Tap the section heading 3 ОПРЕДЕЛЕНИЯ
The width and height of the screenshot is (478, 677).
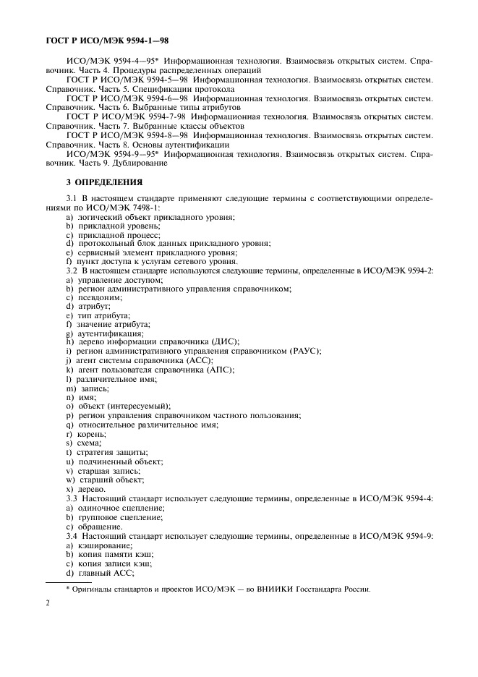pos(104,183)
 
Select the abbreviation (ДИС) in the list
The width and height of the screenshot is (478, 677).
pos(226,341)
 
